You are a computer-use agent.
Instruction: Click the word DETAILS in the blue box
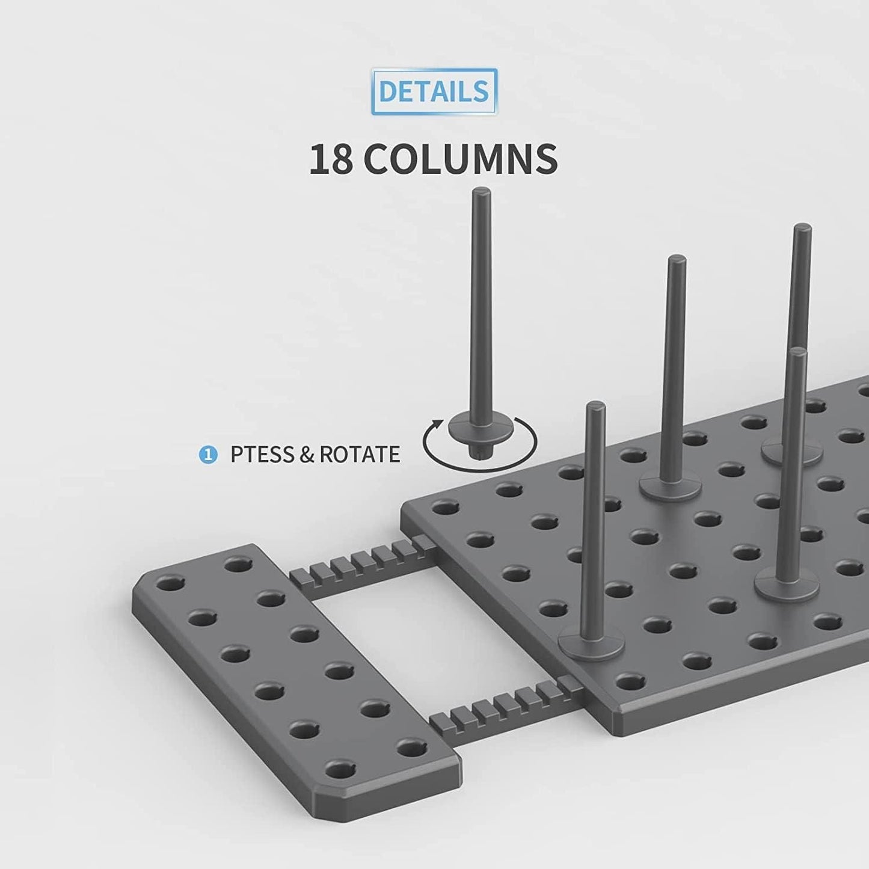pyautogui.click(x=434, y=91)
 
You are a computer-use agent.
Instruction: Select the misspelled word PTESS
pyautogui.click(x=262, y=454)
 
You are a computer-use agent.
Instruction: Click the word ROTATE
pyautogui.click(x=359, y=454)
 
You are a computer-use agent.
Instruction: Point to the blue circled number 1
pyautogui.click(x=207, y=455)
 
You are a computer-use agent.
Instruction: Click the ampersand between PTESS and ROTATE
pyautogui.click(x=306, y=454)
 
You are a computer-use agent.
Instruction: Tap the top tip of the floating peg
pyautogui.click(x=482, y=192)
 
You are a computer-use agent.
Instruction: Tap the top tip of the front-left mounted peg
pyautogui.click(x=594, y=406)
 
